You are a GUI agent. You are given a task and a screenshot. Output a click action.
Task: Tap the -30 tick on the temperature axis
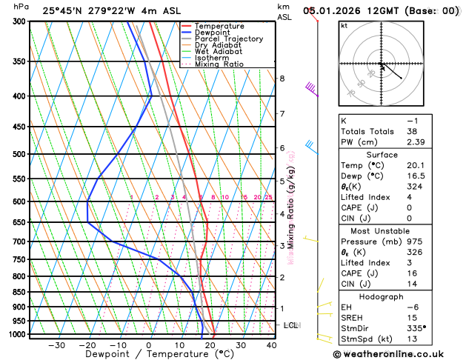click(56, 344)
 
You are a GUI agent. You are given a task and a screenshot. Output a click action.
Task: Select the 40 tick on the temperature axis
click(272, 344)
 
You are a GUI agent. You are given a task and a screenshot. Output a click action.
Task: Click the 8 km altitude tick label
click(282, 79)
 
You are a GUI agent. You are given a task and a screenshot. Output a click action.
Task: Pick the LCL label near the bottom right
click(291, 325)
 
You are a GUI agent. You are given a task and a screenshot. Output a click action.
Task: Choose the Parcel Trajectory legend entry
click(228, 39)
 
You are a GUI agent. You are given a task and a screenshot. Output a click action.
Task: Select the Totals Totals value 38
click(412, 131)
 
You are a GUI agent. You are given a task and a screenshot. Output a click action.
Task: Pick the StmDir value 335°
click(418, 328)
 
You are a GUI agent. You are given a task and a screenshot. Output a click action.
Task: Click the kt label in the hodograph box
click(344, 25)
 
